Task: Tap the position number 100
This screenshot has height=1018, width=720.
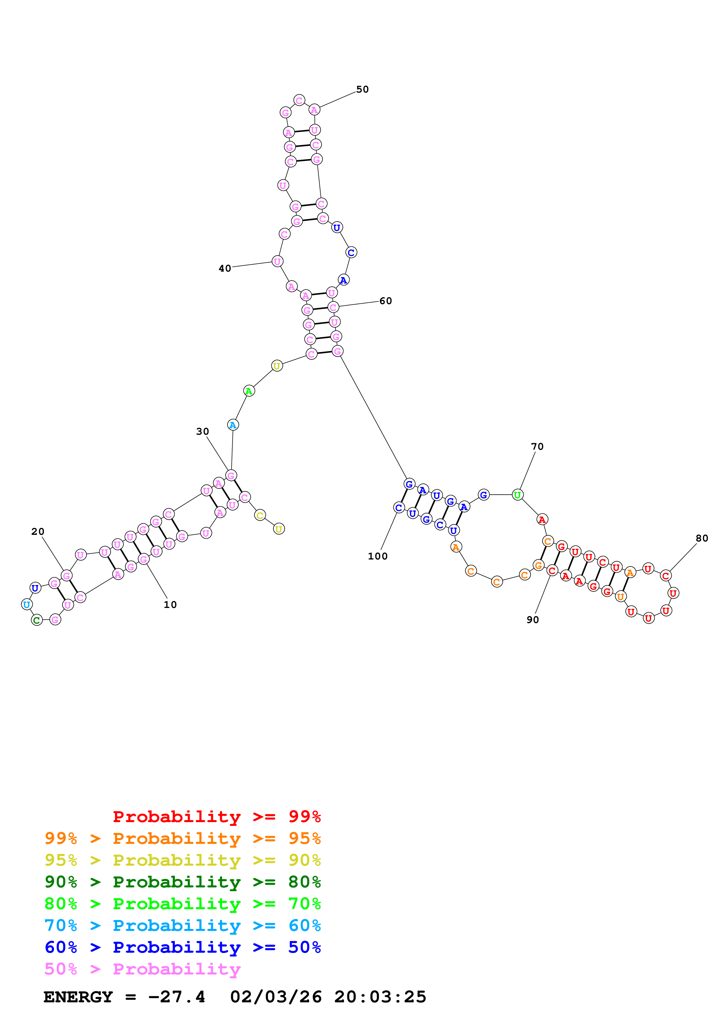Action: point(378,556)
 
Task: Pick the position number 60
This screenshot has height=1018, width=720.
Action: point(385,301)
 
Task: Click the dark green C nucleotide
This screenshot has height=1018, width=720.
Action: point(37,620)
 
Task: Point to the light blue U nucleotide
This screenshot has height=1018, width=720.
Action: point(27,604)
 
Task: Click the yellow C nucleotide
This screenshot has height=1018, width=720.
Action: point(260,515)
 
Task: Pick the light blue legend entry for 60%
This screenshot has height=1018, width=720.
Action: point(182,925)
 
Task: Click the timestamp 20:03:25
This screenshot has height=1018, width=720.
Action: point(380,997)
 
